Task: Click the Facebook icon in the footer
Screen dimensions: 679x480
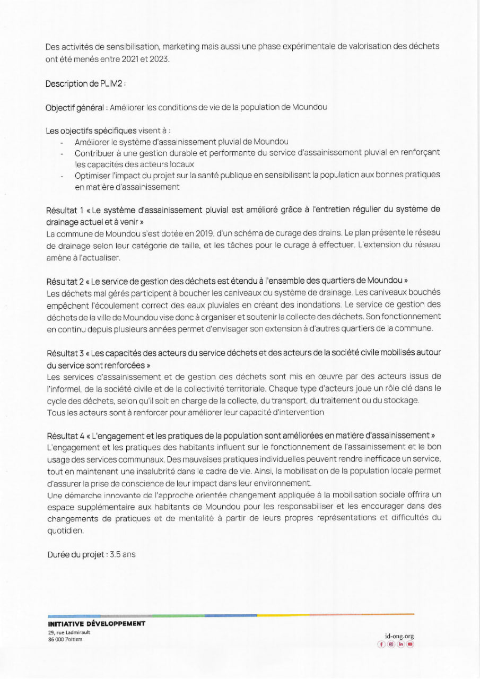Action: click(x=381, y=644)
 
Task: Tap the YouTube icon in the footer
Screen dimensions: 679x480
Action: click(x=410, y=644)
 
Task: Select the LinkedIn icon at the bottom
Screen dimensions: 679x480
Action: click(x=400, y=644)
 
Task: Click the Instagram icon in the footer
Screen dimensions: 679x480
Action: click(x=391, y=644)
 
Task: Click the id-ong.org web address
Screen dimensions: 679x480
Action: click(x=399, y=636)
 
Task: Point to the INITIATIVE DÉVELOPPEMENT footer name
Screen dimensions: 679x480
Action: click(x=96, y=624)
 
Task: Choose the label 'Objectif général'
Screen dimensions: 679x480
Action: click(x=74, y=107)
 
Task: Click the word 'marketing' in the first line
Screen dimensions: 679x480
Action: click(x=179, y=47)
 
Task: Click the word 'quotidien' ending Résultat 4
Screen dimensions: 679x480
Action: click(x=65, y=530)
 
